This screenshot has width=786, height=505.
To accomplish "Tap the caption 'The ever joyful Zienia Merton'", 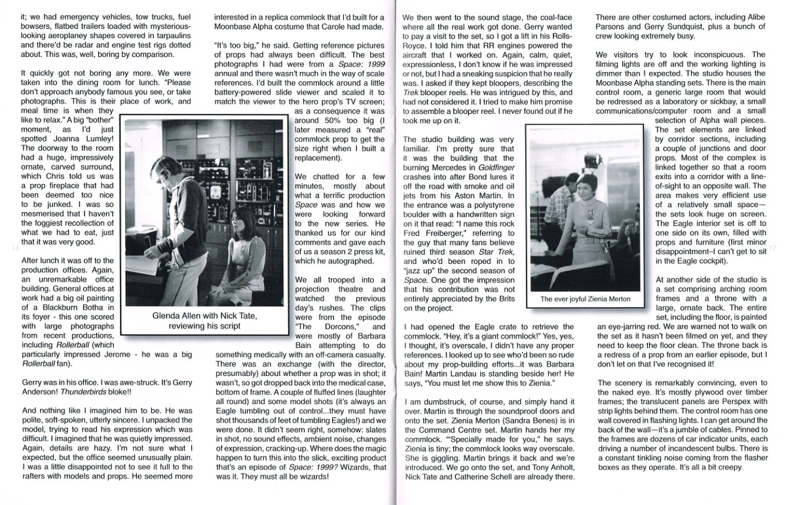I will [x=585, y=299].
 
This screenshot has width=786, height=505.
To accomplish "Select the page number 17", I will [x=773, y=248].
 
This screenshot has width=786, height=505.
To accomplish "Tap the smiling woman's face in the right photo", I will [x=583, y=187].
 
